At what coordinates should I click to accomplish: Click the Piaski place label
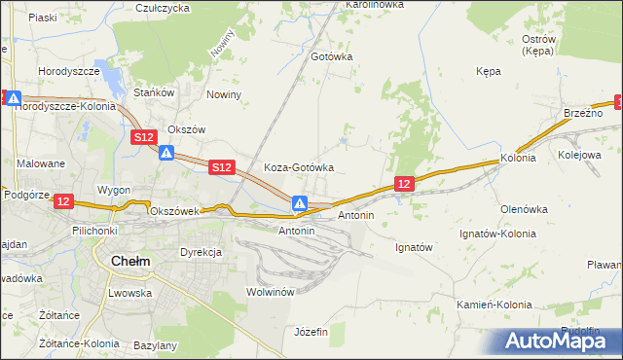click(x=42, y=18)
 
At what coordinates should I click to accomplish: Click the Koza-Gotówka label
click(x=299, y=167)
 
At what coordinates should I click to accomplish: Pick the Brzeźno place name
click(x=583, y=114)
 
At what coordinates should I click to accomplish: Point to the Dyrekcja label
click(x=201, y=252)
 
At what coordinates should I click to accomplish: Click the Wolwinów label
click(x=271, y=292)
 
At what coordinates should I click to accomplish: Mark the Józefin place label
click(x=311, y=332)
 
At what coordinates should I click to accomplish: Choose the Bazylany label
click(x=155, y=345)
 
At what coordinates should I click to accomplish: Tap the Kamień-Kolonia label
click(x=495, y=305)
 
